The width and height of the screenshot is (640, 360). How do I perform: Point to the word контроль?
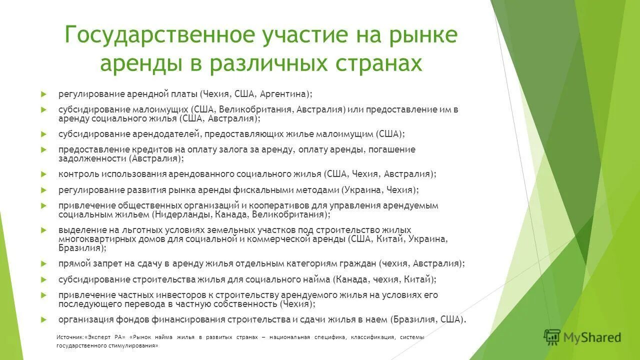(x=78, y=174)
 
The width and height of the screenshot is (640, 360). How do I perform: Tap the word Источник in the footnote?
(x=70, y=337)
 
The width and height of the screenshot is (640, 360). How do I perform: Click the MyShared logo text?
(x=592, y=337)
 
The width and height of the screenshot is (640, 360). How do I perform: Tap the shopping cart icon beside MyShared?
(x=552, y=337)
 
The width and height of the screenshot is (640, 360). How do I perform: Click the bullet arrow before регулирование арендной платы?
(x=44, y=94)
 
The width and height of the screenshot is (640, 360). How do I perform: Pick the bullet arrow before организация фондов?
(x=44, y=319)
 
